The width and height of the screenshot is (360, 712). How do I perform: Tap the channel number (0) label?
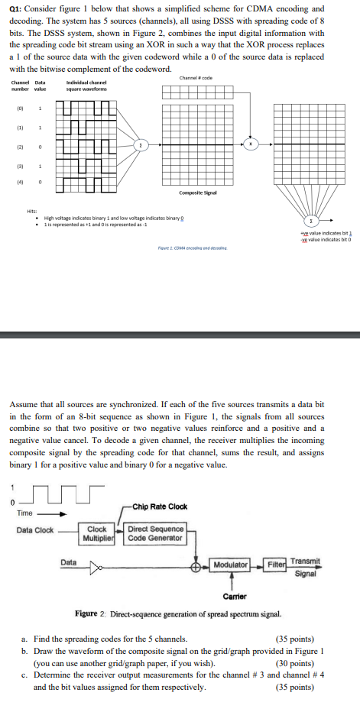tap(18, 108)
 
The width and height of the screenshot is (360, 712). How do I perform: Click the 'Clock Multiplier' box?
tap(97, 532)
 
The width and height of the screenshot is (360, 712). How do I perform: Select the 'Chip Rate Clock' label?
tap(160, 506)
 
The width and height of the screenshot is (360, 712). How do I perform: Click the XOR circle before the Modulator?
tap(197, 565)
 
